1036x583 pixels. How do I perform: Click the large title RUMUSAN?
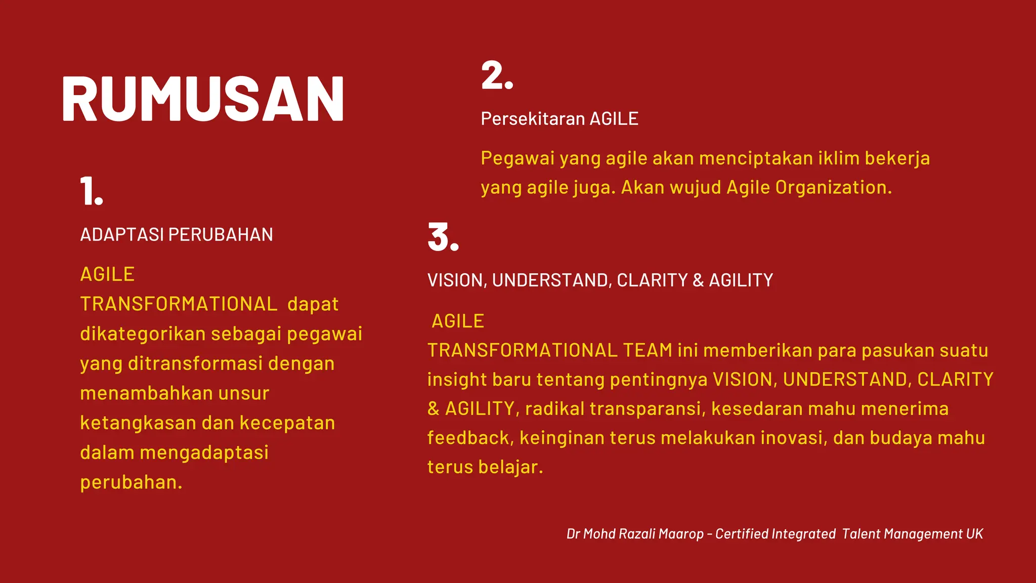pos(203,99)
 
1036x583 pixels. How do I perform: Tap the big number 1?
pos(91,191)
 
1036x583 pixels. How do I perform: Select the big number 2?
pos(497,76)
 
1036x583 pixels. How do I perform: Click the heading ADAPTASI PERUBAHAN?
pos(177,235)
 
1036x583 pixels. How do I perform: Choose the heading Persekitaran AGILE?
pos(559,119)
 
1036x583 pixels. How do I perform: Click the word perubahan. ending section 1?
pos(131,482)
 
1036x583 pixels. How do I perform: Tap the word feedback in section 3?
pos(470,438)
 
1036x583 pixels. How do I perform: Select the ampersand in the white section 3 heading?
pos(698,280)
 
